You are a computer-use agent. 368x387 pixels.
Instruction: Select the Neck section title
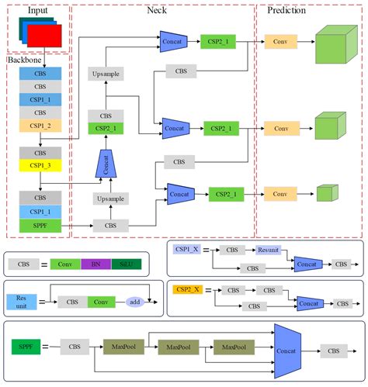coord(156,10)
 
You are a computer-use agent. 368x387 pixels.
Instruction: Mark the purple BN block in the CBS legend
coord(95,264)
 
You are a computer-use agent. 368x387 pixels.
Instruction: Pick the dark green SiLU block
coord(128,264)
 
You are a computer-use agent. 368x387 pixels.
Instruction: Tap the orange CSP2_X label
coord(189,289)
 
